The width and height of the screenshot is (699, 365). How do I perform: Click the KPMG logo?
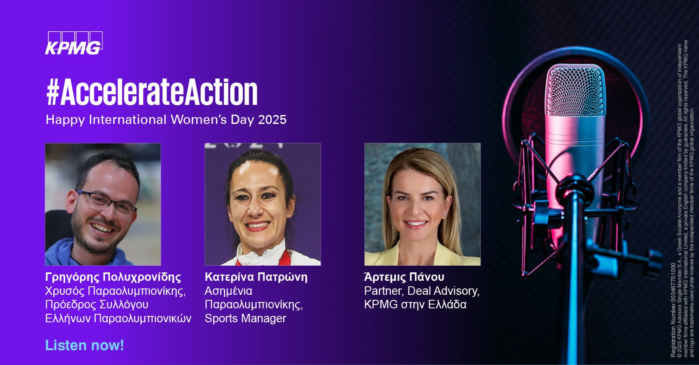point(74,43)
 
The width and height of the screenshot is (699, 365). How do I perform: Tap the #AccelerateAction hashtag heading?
point(152,92)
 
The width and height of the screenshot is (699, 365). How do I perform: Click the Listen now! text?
point(85,345)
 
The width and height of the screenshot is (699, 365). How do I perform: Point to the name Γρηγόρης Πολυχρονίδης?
point(113,277)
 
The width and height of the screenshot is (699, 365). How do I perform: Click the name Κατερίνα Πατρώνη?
point(256,277)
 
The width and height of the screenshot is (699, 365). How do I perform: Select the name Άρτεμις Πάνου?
point(404,277)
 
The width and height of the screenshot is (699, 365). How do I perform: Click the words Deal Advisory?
point(443,291)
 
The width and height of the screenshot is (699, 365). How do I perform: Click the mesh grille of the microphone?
point(575,91)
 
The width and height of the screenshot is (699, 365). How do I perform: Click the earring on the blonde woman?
point(444,215)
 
